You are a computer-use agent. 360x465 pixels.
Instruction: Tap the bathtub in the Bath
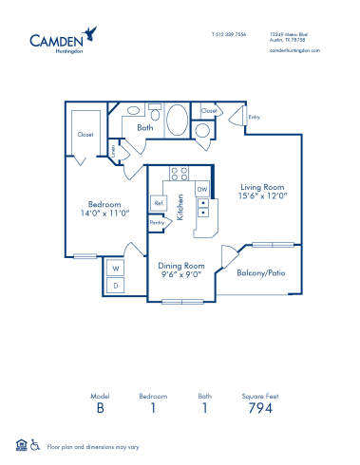[x=177, y=121]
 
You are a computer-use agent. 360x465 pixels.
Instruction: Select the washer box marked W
[x=116, y=268]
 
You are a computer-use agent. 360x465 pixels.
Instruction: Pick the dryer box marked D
[x=116, y=285]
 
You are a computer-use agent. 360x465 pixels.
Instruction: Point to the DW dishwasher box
[x=202, y=190]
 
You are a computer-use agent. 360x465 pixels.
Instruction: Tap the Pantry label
[x=157, y=223]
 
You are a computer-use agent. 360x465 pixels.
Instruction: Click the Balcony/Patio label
[x=261, y=272]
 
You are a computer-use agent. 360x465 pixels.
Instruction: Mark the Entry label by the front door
[x=254, y=118]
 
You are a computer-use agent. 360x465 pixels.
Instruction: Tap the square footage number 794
[x=260, y=408]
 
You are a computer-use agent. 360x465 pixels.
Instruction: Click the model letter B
[x=100, y=408]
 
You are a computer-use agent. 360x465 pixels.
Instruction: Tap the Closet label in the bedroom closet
[x=85, y=135]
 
